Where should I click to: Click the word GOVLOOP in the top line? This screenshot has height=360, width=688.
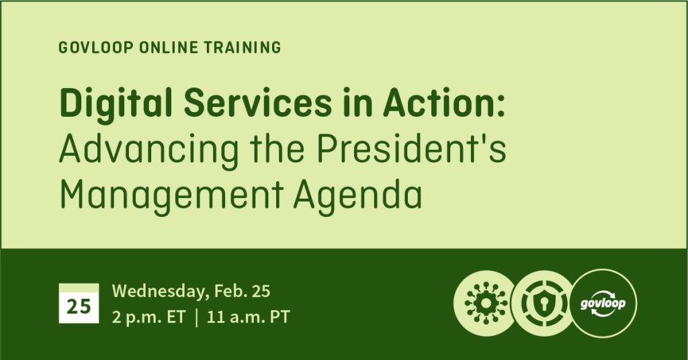pos(95,48)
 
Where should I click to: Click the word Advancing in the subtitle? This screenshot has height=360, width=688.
pos(148,149)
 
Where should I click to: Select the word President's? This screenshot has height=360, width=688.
pos(412,148)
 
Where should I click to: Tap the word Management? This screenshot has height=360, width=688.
pos(171,195)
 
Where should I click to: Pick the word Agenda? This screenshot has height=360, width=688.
pos(357,195)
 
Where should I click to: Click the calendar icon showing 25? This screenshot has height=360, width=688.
pos(79,304)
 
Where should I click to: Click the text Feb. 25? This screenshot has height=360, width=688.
pos(242,291)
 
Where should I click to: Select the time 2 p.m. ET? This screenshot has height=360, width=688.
pos(148,317)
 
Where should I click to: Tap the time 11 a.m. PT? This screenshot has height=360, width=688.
pos(248,316)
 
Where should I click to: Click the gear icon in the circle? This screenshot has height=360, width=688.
pos(486,304)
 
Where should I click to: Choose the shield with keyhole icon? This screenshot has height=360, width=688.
pos(544,304)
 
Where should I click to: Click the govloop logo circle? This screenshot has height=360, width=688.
pos(603,304)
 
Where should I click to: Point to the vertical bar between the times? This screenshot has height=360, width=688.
pos(196,317)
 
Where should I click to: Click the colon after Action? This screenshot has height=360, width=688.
pos(501,107)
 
